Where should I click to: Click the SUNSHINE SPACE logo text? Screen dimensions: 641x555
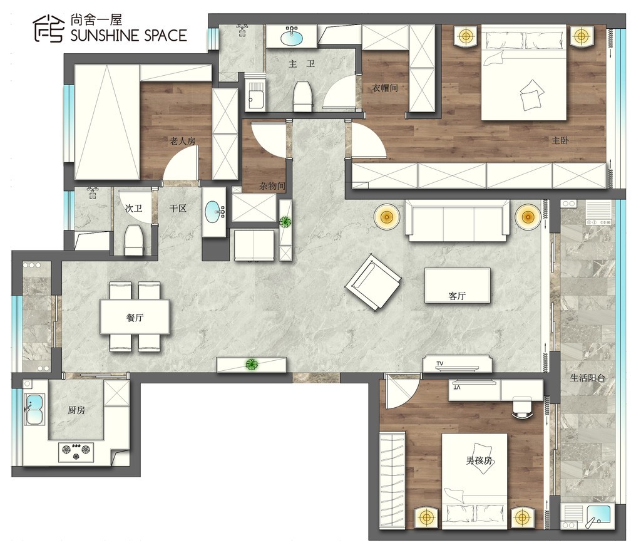pos(129,36)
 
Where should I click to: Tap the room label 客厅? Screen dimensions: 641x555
pos(457,296)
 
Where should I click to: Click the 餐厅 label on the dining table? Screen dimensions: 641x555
pos(135,318)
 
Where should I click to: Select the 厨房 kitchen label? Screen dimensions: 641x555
pos(76,410)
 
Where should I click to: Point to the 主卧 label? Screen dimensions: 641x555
pos(560,140)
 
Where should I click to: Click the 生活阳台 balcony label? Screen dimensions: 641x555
pos(587,378)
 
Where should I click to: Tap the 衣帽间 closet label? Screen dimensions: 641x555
pos(385,88)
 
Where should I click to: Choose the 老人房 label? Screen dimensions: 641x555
pos(182,141)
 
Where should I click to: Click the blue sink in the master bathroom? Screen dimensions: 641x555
pos(292,37)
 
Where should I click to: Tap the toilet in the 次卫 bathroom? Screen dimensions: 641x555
pos(135,240)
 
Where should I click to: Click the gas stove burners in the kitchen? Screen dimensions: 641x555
pos(76,451)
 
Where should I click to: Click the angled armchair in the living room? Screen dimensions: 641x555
pos(373,283)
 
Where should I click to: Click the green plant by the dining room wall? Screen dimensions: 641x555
pos(252,363)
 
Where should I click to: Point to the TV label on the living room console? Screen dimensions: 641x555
pos(440,363)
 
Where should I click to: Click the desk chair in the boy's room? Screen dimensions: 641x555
pos(521,407)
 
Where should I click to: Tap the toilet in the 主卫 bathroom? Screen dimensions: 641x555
pos(303,96)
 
